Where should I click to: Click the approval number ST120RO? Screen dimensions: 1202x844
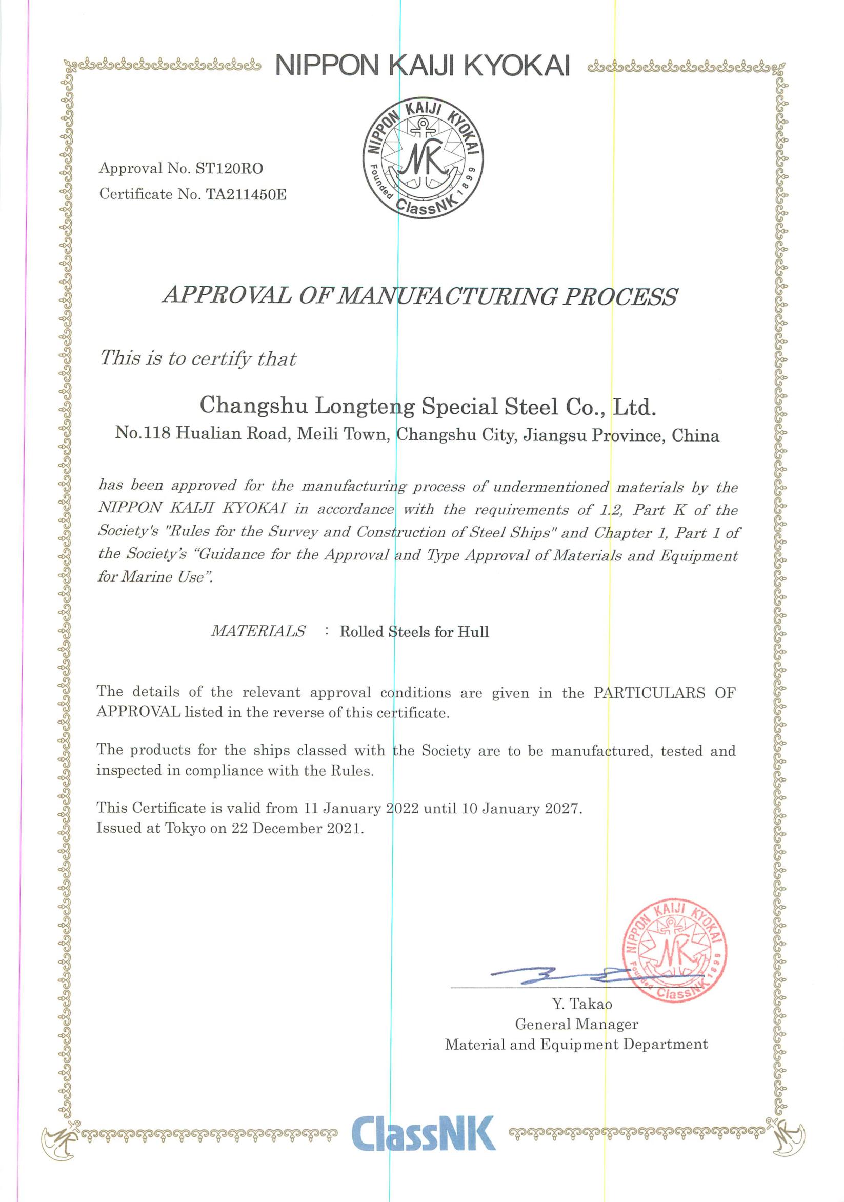point(229,169)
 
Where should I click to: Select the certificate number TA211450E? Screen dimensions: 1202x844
point(246,195)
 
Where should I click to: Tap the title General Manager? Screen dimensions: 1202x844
point(576,1024)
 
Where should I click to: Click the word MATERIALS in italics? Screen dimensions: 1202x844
point(258,631)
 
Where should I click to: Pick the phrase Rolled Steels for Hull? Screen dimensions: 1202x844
point(414,632)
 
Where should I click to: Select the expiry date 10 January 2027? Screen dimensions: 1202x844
point(521,808)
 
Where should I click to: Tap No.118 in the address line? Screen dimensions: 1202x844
point(143,433)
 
